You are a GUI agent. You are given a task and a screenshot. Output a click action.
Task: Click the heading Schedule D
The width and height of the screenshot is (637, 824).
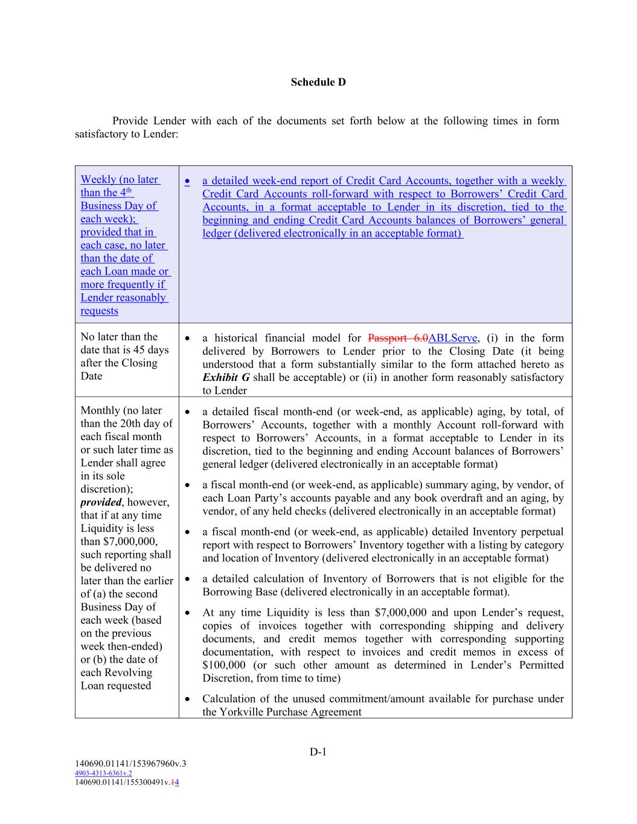coord(318,82)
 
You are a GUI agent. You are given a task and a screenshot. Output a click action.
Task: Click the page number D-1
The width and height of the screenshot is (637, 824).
coord(318,752)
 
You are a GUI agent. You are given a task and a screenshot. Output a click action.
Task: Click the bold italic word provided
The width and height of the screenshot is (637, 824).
coord(101,502)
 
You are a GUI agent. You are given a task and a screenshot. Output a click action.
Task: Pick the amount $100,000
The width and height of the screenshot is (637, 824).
coord(223,665)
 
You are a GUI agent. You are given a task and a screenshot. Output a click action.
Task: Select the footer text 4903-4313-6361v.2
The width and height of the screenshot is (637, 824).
coord(103,773)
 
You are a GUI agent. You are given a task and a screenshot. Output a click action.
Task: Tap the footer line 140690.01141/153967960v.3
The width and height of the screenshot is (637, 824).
coord(130,764)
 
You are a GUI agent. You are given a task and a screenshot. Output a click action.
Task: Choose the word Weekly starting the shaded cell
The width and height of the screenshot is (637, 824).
coord(98,179)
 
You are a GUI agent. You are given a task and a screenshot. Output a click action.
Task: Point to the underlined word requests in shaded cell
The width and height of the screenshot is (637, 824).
coord(99,311)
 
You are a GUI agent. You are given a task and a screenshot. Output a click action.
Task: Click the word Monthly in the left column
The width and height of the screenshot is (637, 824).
coord(100,410)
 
